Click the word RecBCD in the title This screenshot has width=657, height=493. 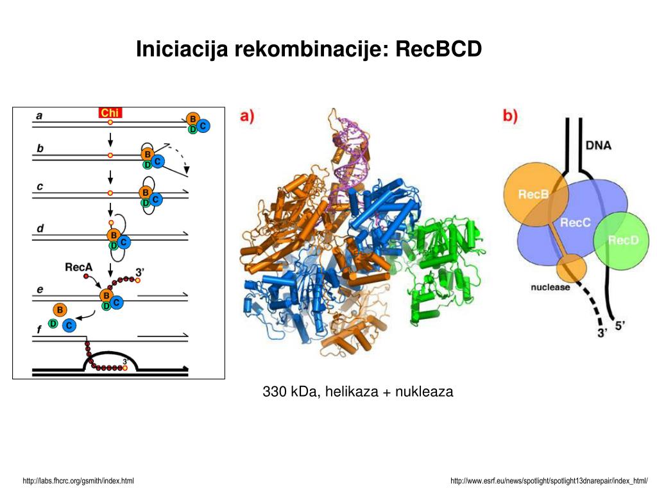[439, 49]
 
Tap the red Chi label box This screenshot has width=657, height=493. [110, 113]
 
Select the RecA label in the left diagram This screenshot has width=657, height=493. [80, 266]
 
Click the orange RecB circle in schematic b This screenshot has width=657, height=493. [533, 194]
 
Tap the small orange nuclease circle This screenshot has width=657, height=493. [571, 266]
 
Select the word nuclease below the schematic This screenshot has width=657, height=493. [550, 287]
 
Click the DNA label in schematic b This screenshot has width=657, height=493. [598, 145]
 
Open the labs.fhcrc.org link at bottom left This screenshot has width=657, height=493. [78, 481]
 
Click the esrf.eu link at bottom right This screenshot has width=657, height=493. [549, 481]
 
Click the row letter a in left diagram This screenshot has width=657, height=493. [39, 116]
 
